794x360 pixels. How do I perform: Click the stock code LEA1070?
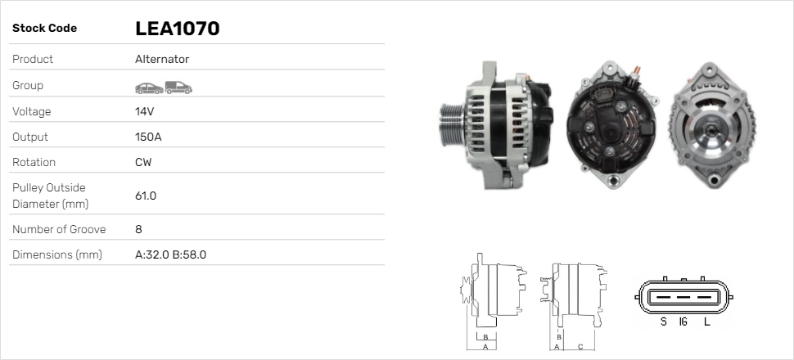(177, 29)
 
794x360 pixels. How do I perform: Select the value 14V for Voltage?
(145, 111)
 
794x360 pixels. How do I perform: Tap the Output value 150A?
(148, 137)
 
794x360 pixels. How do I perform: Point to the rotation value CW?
(143, 162)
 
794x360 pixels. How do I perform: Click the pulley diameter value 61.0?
(146, 196)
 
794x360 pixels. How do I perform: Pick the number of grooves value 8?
(138, 229)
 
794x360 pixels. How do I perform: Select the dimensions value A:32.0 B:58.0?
(170, 254)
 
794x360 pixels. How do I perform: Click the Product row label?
(33, 59)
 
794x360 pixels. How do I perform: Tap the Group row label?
(28, 85)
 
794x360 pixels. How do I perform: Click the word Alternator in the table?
(162, 59)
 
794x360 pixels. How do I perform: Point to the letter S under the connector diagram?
(663, 322)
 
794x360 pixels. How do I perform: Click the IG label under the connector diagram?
(683, 322)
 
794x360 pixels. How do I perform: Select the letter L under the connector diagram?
(706, 322)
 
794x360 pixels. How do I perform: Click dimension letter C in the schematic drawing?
(580, 346)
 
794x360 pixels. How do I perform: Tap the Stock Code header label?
(44, 29)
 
